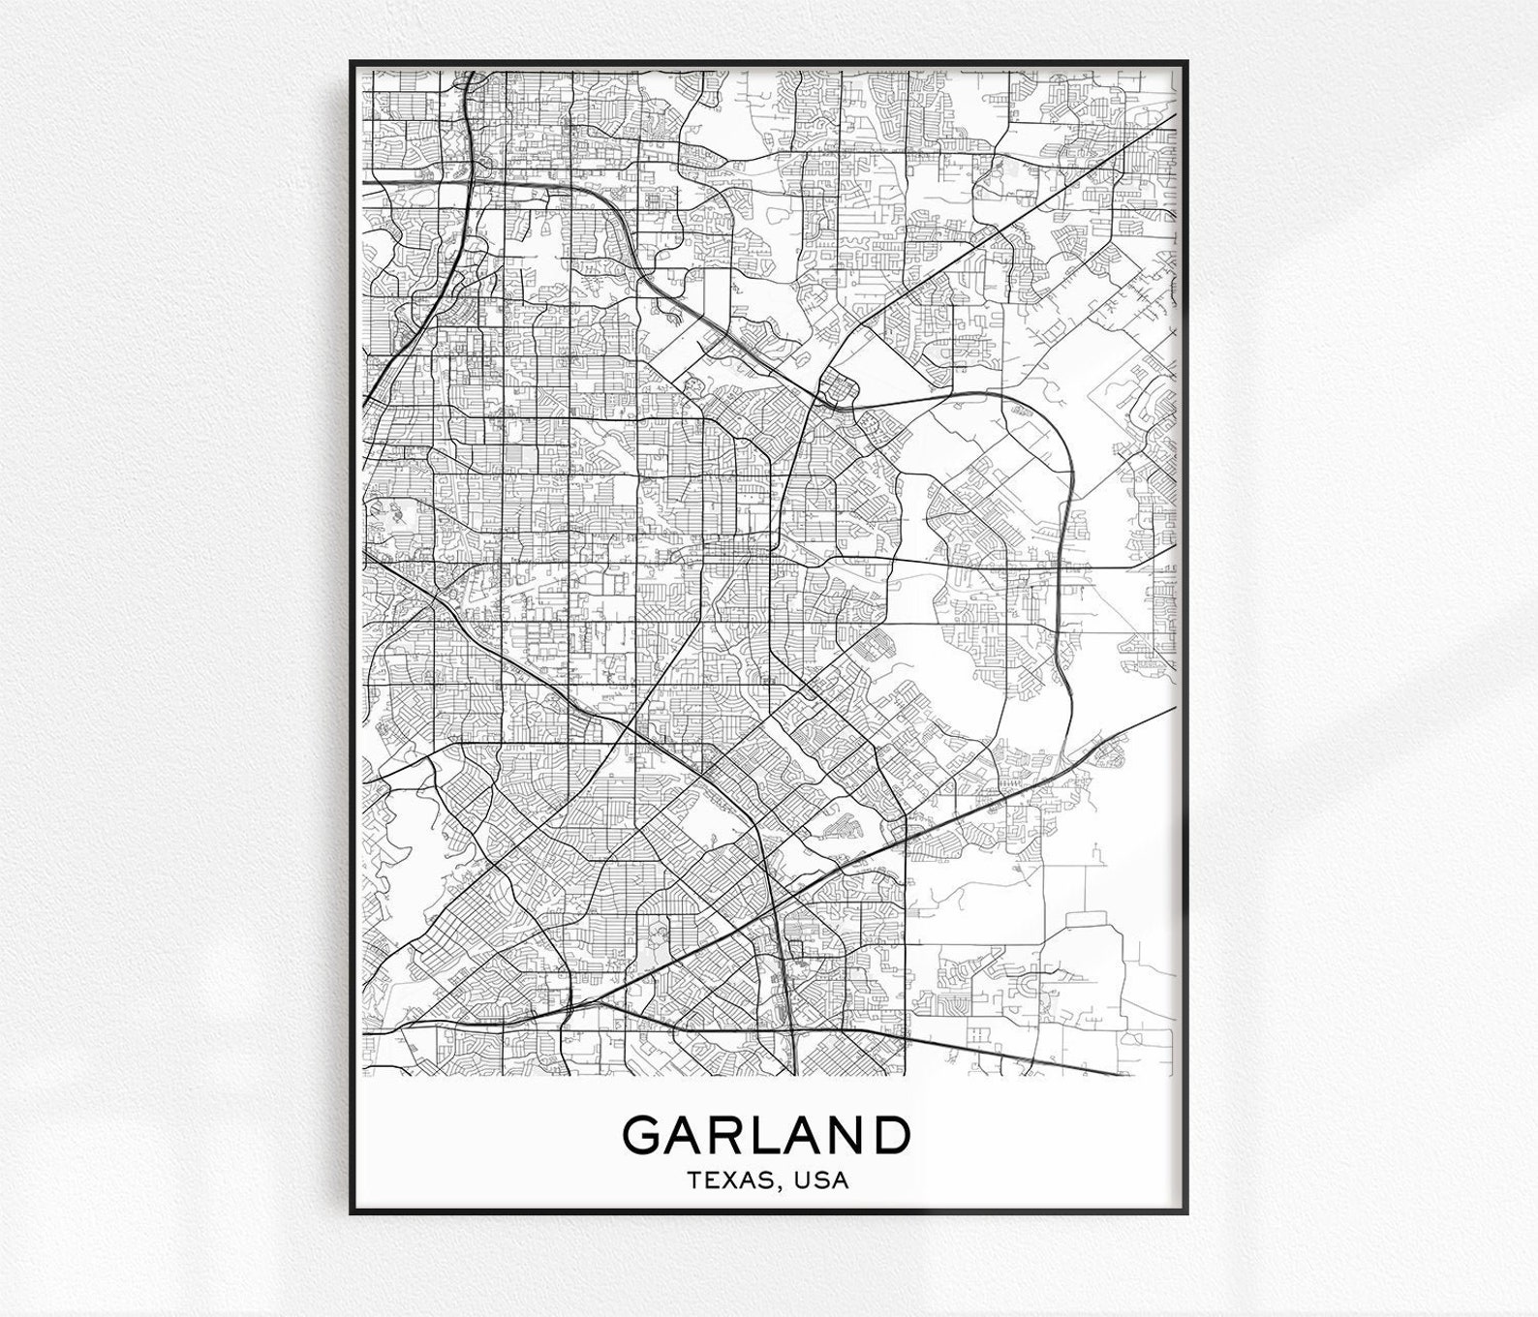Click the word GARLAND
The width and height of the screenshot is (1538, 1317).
point(767,1134)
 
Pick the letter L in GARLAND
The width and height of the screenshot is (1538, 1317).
point(772,1134)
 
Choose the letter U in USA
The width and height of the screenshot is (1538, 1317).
point(803,1180)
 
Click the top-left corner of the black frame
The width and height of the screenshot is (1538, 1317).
point(352,63)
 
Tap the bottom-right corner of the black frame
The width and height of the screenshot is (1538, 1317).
point(1186,1213)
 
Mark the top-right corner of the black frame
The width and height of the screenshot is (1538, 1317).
point(1186,63)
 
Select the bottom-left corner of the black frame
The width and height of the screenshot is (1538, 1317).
point(352,1213)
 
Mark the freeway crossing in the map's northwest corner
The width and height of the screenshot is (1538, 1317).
point(469,174)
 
